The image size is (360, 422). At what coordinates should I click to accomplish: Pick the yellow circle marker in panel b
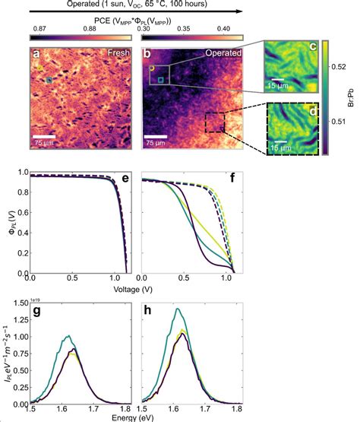(x=151, y=68)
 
